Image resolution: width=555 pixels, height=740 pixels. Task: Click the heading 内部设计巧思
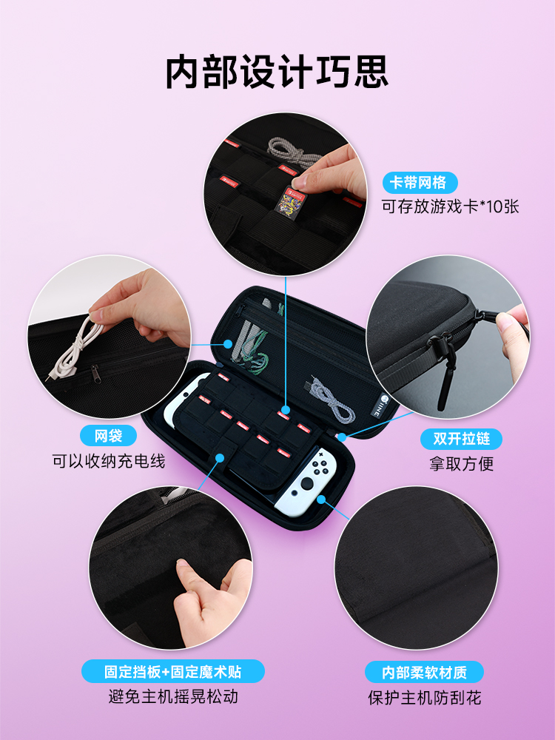(277, 73)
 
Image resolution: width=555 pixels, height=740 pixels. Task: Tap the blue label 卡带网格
(420, 182)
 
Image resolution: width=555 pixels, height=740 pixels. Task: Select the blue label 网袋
(109, 435)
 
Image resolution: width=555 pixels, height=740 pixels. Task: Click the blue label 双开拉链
(461, 439)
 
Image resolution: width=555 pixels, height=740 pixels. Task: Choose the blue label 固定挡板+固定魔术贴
(172, 671)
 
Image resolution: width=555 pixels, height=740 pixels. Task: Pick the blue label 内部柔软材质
(424, 672)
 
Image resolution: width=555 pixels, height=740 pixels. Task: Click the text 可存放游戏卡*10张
(450, 206)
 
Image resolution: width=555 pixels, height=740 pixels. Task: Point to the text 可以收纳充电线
(109, 461)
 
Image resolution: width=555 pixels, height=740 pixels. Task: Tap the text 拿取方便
(461, 464)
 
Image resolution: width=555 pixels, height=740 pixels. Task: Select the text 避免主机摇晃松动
(173, 696)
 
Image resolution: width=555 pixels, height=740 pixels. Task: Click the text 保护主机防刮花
(424, 698)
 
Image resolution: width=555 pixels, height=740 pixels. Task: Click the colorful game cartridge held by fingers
(289, 203)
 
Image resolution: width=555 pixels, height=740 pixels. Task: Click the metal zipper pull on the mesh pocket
(95, 374)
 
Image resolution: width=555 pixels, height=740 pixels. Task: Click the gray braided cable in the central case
(333, 397)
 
